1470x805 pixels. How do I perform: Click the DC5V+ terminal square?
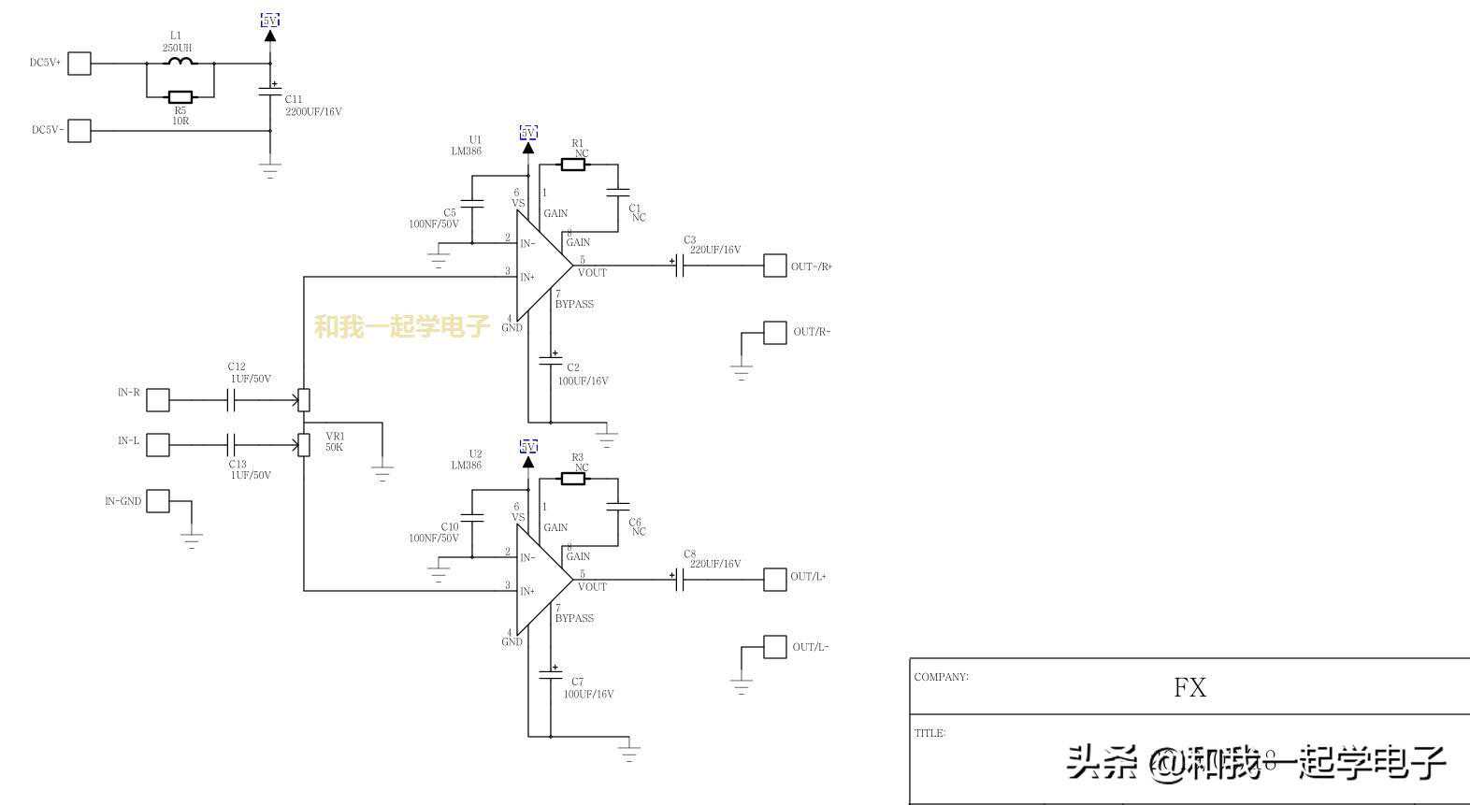pos(79,64)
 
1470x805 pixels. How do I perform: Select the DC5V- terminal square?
pos(79,131)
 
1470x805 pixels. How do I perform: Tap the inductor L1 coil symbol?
pos(180,63)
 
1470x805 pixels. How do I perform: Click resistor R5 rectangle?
pos(180,96)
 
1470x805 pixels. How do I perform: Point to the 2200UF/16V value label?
pos(313,112)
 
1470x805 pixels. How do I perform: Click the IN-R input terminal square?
pos(158,400)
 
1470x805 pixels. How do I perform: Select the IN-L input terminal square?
pos(158,445)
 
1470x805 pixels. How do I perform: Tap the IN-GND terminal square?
pos(158,501)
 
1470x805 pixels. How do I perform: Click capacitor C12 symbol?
pos(232,400)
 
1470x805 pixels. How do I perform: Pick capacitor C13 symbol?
pos(232,445)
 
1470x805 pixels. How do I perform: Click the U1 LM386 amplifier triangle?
pos(542,266)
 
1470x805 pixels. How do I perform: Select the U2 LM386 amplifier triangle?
pos(542,581)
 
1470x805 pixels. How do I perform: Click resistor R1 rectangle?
pos(573,165)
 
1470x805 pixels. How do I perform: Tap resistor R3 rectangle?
pos(573,479)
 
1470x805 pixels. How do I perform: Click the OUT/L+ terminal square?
pos(775,580)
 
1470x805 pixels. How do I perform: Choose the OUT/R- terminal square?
pos(775,333)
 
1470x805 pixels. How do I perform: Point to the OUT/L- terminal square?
pos(775,647)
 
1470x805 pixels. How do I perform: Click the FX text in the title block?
pos(1189,688)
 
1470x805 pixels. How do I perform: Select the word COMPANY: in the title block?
pos(941,677)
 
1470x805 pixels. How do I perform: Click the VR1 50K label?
pos(335,441)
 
